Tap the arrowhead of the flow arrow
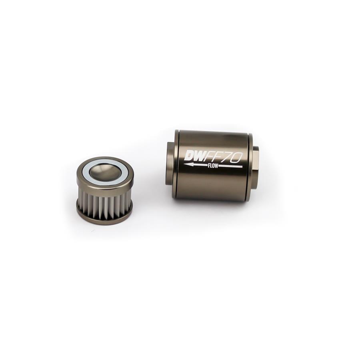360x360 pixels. click(187, 164)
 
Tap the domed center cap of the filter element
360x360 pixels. click(104, 171)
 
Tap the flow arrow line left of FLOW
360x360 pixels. click(198, 164)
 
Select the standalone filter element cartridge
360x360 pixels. click(104, 190)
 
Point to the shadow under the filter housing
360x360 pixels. click(212, 204)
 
